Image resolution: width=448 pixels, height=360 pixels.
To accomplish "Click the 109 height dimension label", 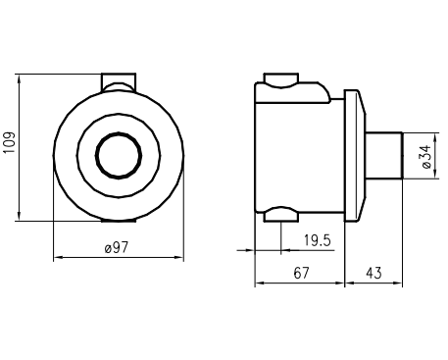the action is point(10,142).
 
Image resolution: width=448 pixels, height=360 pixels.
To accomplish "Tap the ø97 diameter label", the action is point(117,247).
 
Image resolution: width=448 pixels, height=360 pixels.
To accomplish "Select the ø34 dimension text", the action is point(427,157).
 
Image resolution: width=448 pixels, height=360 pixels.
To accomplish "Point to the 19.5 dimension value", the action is point(318,240).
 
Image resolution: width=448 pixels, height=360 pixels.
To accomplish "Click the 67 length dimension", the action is point(301,273).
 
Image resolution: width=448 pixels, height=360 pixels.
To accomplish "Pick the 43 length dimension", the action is point(373,273).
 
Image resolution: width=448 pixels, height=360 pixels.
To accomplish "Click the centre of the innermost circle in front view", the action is point(119,155).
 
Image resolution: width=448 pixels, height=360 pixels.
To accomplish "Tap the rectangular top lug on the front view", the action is point(119,82).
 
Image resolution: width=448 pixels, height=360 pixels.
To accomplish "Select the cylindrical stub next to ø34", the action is point(383,155).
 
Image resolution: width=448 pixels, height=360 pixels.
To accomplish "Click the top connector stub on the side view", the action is point(281,80).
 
